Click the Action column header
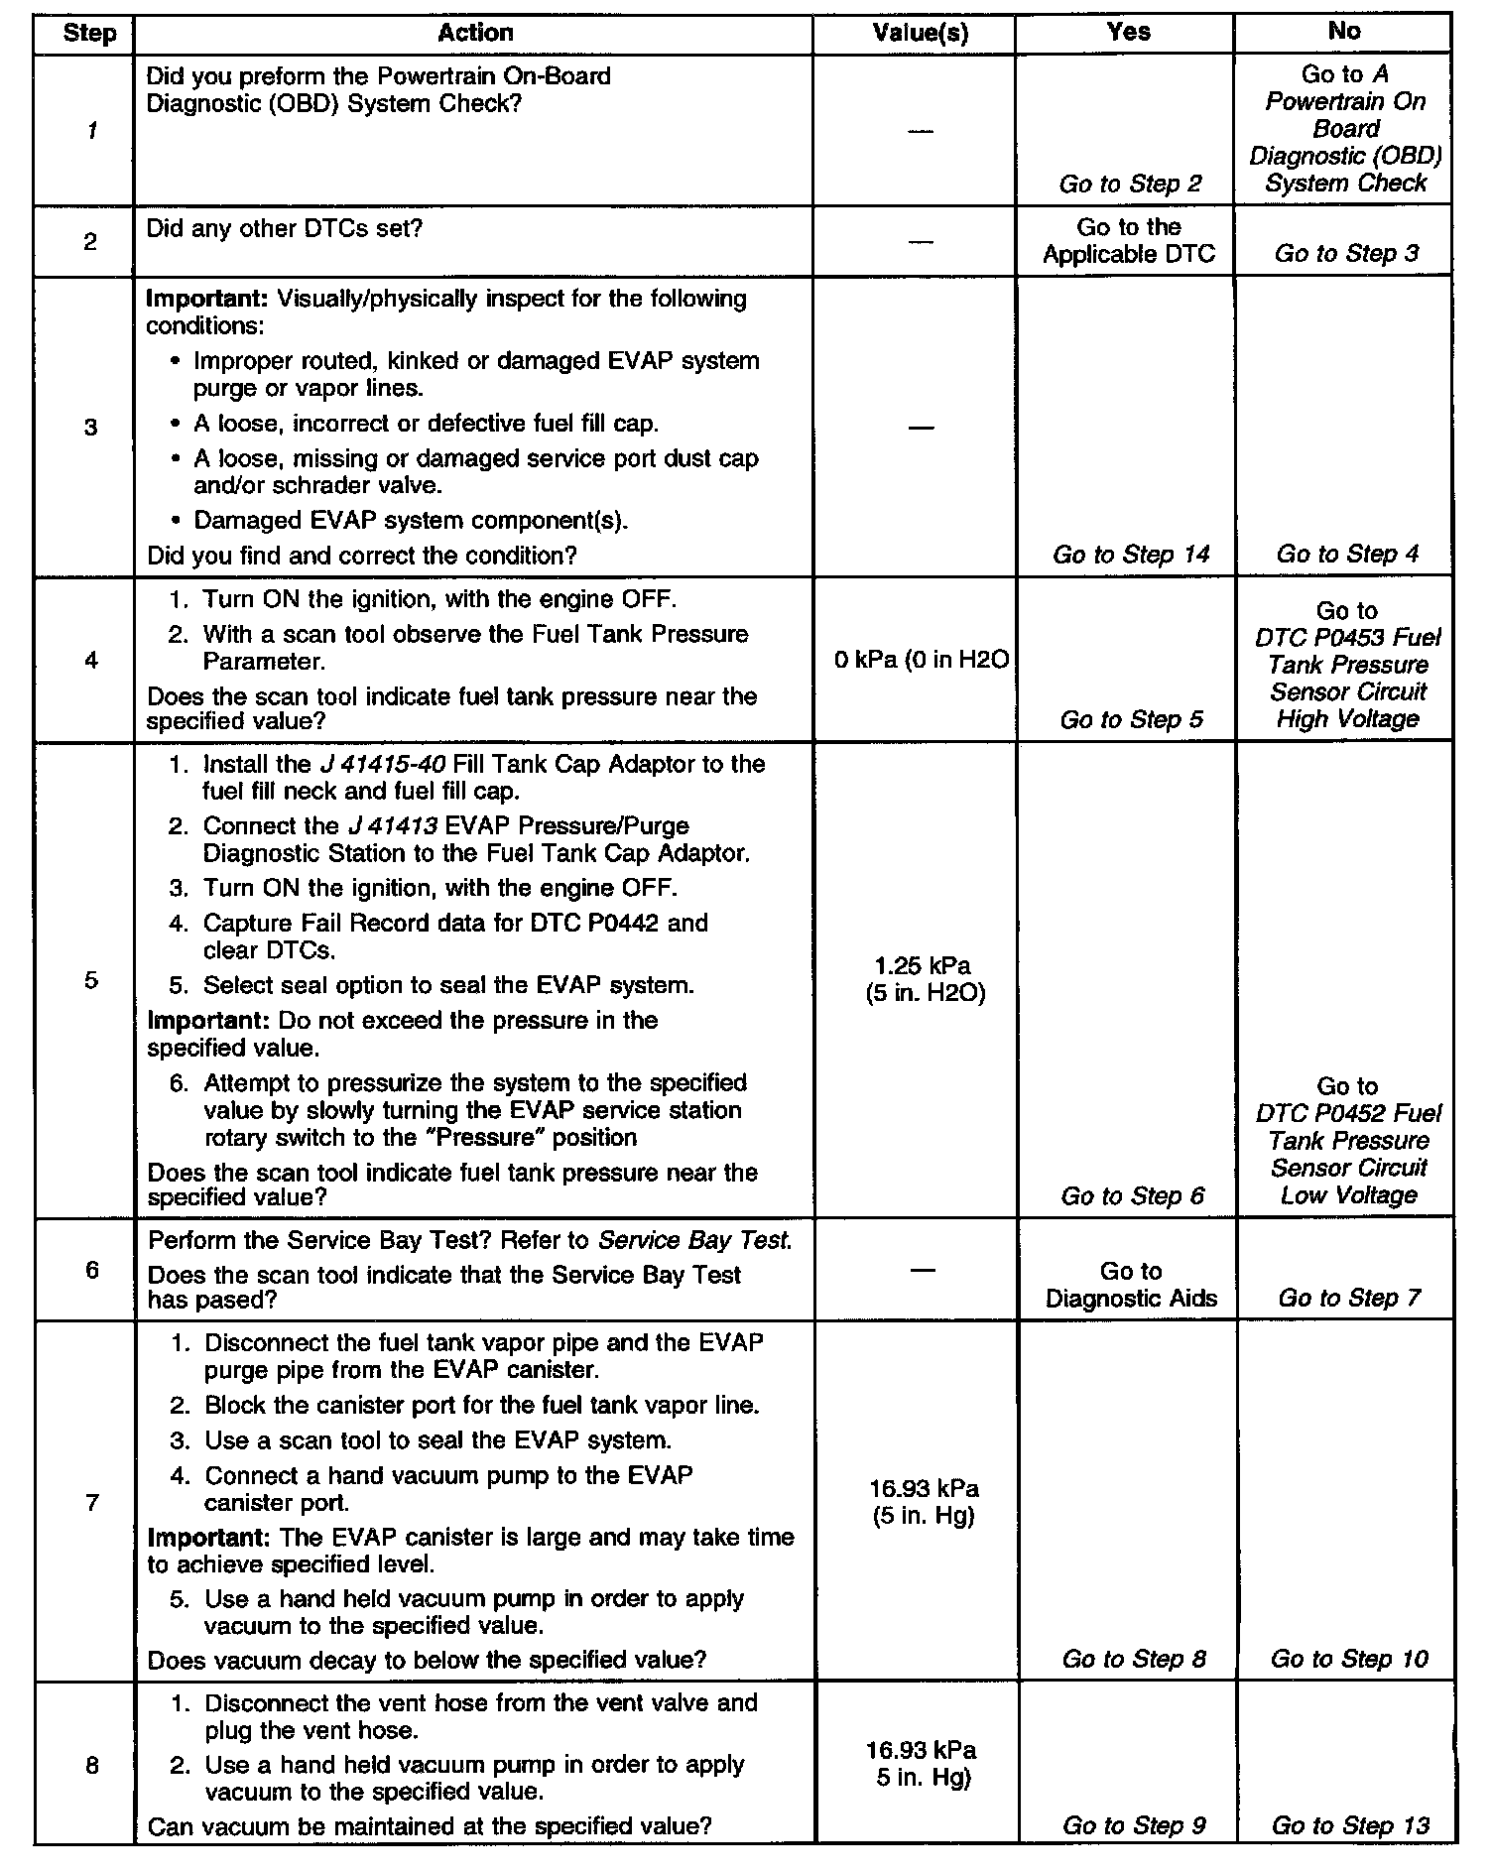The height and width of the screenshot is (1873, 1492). (475, 33)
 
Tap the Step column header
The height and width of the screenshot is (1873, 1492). (89, 33)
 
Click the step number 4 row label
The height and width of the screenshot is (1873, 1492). (91, 660)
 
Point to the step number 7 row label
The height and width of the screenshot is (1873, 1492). (91, 1502)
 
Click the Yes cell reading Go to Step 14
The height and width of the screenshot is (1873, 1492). (1131, 555)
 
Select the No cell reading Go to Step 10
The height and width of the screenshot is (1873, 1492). (1349, 1659)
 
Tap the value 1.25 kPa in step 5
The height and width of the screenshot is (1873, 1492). (923, 966)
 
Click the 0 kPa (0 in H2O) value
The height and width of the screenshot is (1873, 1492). (921, 660)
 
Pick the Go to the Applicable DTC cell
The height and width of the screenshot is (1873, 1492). (1129, 241)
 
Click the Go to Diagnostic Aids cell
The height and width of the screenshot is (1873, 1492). (1131, 1285)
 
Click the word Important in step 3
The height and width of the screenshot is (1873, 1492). (206, 300)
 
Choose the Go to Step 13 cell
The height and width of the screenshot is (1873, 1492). (1350, 1825)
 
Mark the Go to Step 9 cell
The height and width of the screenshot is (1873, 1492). (1134, 1825)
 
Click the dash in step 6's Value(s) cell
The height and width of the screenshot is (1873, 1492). (922, 1271)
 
